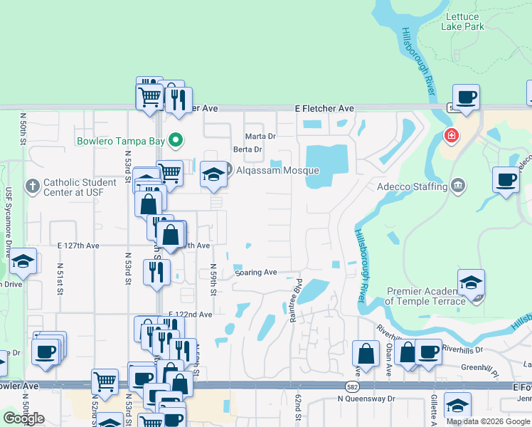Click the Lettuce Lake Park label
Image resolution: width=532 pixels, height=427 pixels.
[x=462, y=21]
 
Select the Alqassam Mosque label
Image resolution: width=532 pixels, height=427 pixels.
[x=278, y=171]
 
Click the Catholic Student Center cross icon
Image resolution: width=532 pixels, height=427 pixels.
[x=31, y=186]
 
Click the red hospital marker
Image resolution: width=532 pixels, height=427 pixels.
[x=450, y=135]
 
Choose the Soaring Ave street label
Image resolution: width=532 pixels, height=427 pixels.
[x=255, y=273]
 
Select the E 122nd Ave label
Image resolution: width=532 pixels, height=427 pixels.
[x=190, y=315]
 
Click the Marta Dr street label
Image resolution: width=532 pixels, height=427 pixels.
[x=260, y=136]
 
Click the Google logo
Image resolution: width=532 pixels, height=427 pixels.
[x=23, y=418]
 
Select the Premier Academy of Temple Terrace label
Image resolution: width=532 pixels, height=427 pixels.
[x=425, y=296]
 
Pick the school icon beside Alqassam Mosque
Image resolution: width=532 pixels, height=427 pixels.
[x=213, y=174]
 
